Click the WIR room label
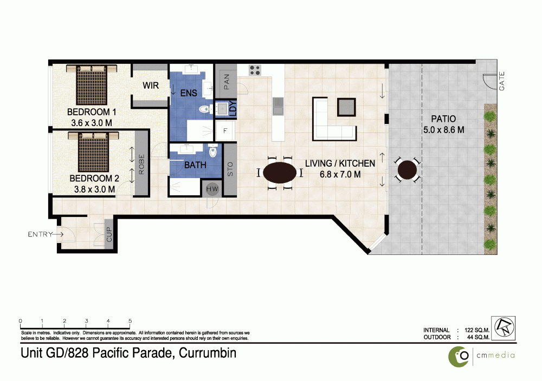(x=151, y=86)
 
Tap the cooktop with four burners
(x=255, y=70)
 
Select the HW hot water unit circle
(x=212, y=189)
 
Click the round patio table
(x=407, y=169)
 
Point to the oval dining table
(x=279, y=172)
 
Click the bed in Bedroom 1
(x=92, y=84)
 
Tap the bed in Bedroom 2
(x=93, y=152)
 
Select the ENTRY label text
(x=40, y=234)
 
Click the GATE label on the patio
(x=502, y=81)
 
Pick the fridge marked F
(x=225, y=131)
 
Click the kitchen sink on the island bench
(x=278, y=106)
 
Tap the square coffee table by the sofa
(x=346, y=107)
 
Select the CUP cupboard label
(x=109, y=234)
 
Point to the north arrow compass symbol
(x=504, y=328)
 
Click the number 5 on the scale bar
(x=130, y=320)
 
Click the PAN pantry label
(x=227, y=82)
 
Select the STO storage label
(x=230, y=169)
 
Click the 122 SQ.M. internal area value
(x=477, y=330)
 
